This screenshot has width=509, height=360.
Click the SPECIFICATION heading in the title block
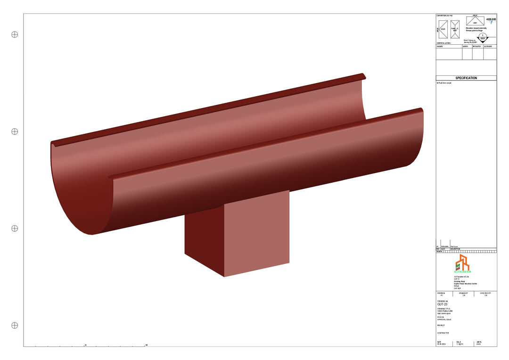466,78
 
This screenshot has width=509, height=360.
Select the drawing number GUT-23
443,304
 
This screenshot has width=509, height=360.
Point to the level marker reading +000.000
491,20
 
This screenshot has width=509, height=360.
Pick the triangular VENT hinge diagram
475,20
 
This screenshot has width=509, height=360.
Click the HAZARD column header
440,47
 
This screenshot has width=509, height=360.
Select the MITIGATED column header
477,47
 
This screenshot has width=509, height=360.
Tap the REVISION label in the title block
442,293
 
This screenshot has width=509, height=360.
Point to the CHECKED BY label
485,293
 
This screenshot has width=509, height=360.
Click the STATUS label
440,317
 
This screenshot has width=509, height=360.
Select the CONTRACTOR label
443,333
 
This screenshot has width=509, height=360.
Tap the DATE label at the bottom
439,342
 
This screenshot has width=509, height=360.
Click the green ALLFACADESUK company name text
462,272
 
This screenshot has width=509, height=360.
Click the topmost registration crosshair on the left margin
15,34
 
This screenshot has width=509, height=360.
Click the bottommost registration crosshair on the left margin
15,325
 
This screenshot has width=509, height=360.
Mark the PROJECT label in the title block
441,325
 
